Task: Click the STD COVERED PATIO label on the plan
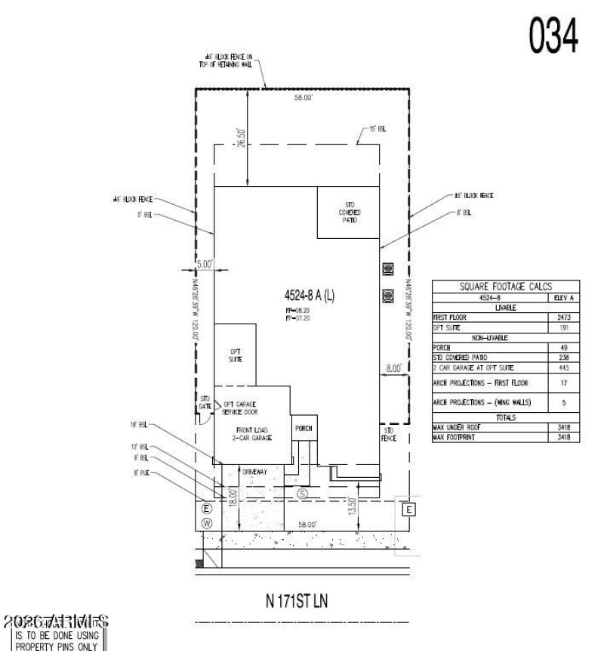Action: click(349, 212)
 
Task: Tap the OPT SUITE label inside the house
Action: click(235, 355)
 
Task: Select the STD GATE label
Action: click(204, 402)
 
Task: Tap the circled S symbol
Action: click(303, 493)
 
